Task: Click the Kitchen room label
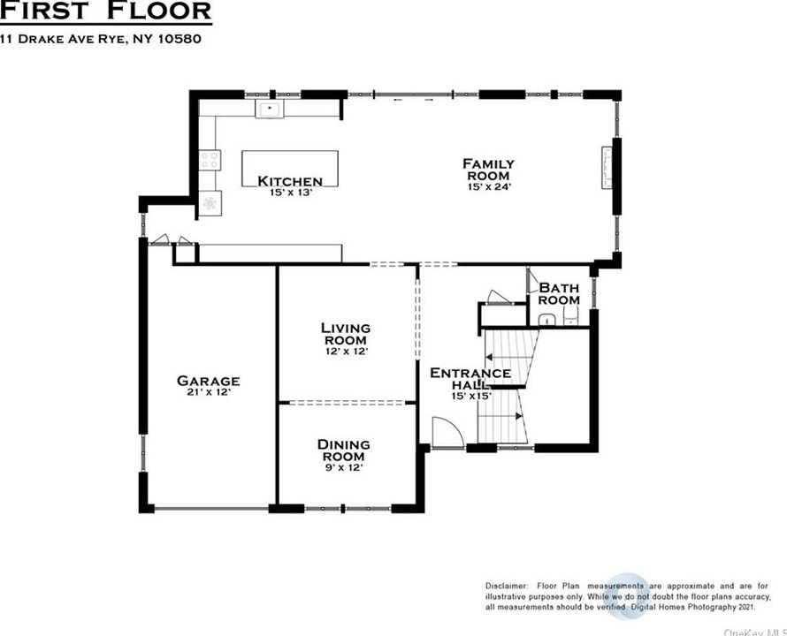click(290, 181)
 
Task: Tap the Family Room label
click(488, 170)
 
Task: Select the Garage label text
click(209, 381)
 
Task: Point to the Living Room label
click(346, 334)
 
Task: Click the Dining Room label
click(344, 450)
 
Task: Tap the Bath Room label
click(559, 294)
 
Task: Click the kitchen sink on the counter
click(270, 109)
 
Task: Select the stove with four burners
click(210, 161)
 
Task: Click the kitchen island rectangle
click(290, 169)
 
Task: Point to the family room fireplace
click(607, 168)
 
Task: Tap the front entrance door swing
click(447, 432)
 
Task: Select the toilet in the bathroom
click(570, 317)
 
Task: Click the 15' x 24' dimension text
click(489, 187)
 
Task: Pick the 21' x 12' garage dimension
click(209, 392)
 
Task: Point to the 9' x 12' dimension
click(344, 468)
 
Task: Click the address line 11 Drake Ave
click(101, 39)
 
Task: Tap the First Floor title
click(105, 11)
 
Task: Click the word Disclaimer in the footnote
click(507, 586)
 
